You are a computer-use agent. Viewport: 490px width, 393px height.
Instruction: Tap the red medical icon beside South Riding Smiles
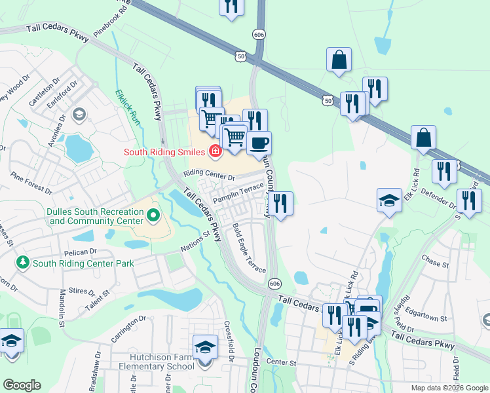point(214,152)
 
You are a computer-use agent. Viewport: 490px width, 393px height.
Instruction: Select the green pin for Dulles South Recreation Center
point(153,215)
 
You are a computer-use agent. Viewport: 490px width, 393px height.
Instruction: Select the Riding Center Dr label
point(209,176)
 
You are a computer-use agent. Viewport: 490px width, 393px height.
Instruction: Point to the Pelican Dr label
point(81,251)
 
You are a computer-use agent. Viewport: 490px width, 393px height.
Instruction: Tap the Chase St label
point(435,265)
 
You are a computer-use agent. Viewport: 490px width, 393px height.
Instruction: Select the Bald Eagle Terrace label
point(249,248)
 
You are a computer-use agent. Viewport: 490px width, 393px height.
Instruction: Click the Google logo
point(22,385)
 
